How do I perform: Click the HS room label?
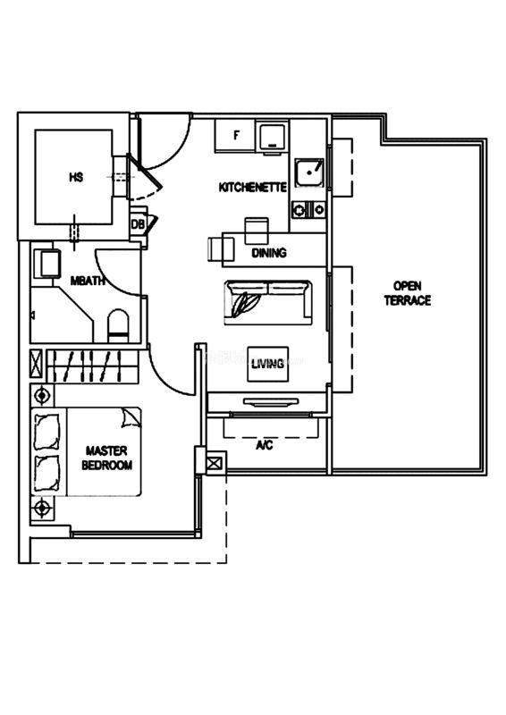click(x=76, y=176)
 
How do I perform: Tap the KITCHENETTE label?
click(x=253, y=187)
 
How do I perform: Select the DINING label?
click(x=269, y=252)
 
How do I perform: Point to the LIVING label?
click(x=267, y=364)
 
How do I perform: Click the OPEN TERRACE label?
click(x=408, y=293)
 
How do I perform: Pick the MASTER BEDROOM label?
click(x=106, y=458)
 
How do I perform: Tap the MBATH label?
click(x=88, y=281)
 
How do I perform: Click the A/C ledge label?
click(x=265, y=444)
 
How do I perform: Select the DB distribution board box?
click(x=138, y=224)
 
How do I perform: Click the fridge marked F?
click(x=235, y=136)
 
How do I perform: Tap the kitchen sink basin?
click(x=309, y=172)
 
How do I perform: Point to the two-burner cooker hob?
click(x=308, y=210)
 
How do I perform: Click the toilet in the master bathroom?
click(x=118, y=325)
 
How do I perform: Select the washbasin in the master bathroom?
click(x=47, y=264)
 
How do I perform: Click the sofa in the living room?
click(x=268, y=303)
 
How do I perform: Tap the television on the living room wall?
click(x=271, y=401)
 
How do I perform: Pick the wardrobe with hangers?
click(x=92, y=366)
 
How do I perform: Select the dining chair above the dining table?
click(x=257, y=231)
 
